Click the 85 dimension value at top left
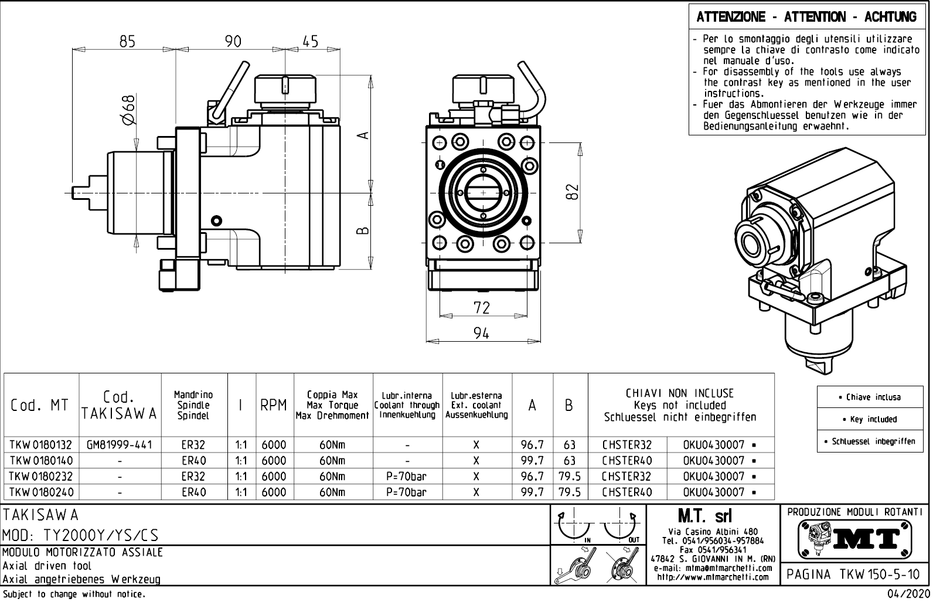pyautogui.click(x=127, y=41)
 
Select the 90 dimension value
pyautogui.click(x=233, y=41)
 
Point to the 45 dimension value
pyautogui.click(x=311, y=41)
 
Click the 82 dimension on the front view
pyautogui.click(x=573, y=192)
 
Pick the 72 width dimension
pyautogui.click(x=481, y=307)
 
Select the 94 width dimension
pyautogui.click(x=481, y=333)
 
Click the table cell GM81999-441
pyautogui.click(x=120, y=445)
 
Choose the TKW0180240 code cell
pyautogui.click(x=40, y=492)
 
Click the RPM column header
pyautogui.click(x=274, y=405)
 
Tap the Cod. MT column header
pyautogui.click(x=40, y=405)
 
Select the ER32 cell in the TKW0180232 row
pyautogui.click(x=193, y=477)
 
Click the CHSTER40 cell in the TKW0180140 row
pyautogui.click(x=627, y=461)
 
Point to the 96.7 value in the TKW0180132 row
pyautogui.click(x=532, y=445)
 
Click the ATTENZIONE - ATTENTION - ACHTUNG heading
pyautogui.click(x=806, y=17)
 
